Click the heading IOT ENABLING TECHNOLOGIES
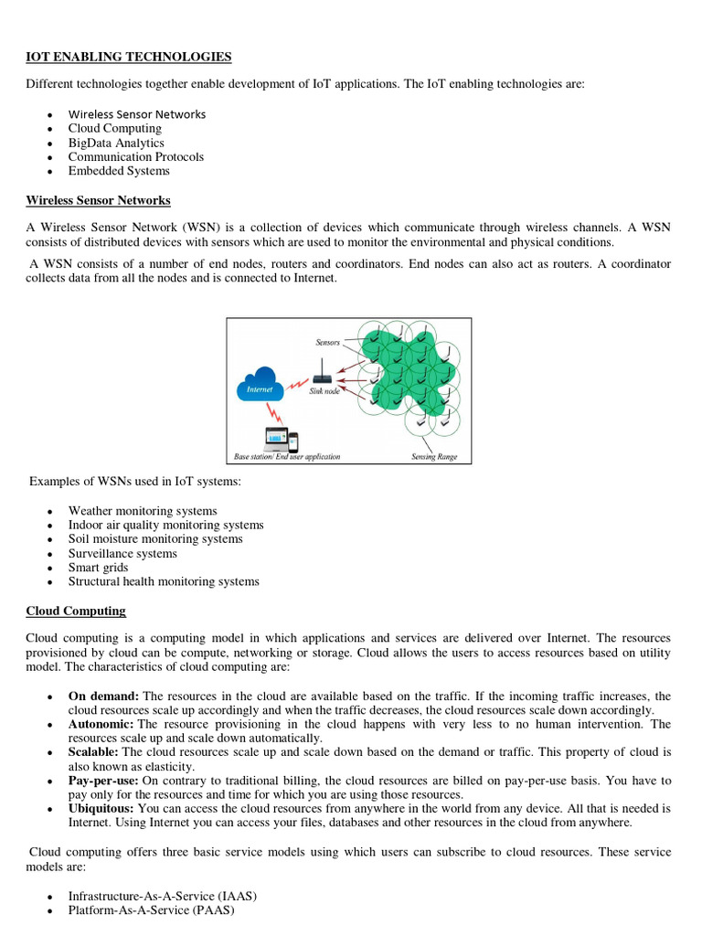pyautogui.click(x=129, y=57)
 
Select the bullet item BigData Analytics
pyautogui.click(x=116, y=143)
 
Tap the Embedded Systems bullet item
pyautogui.click(x=119, y=171)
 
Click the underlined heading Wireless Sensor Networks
pyautogui.click(x=98, y=200)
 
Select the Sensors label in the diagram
pyautogui.click(x=328, y=343)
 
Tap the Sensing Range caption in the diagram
pyautogui.click(x=434, y=456)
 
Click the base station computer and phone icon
pyautogui.click(x=281, y=439)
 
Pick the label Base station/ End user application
pyautogui.click(x=283, y=456)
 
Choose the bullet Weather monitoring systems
pyautogui.click(x=143, y=511)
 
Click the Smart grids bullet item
pyautogui.click(x=98, y=568)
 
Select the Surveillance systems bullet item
pyautogui.click(x=122, y=553)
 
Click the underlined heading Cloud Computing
pyautogui.click(x=76, y=611)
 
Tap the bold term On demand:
pyautogui.click(x=103, y=696)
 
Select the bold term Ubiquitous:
pyautogui.click(x=101, y=809)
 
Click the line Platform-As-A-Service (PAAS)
pyautogui.click(x=151, y=910)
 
